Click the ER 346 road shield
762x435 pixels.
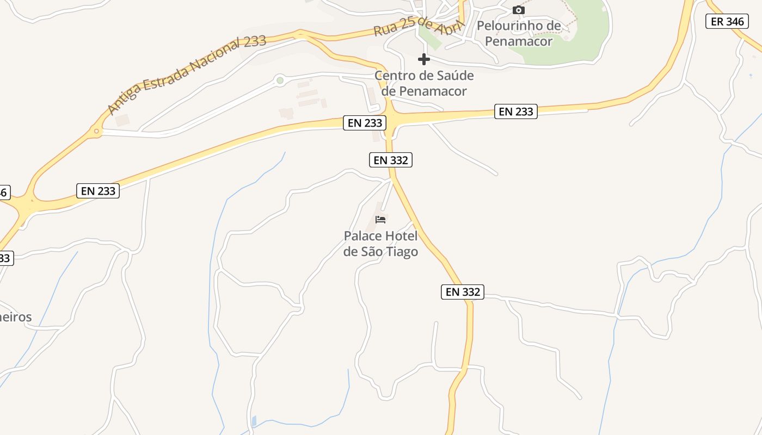(x=727, y=22)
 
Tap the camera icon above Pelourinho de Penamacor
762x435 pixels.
(x=519, y=10)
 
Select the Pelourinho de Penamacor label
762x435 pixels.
(x=519, y=33)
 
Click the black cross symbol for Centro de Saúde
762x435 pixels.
(x=424, y=59)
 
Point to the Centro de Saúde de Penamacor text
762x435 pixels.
(x=424, y=83)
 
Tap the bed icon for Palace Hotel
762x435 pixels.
(x=380, y=220)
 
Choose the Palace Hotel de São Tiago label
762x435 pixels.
(x=381, y=244)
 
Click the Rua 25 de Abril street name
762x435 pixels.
(x=418, y=25)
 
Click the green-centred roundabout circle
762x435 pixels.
(x=280, y=80)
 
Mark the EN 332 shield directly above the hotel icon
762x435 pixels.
(x=390, y=160)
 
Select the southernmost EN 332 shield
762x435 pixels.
(x=463, y=292)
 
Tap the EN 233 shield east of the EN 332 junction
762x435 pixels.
(x=516, y=111)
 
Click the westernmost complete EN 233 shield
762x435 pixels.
(x=98, y=191)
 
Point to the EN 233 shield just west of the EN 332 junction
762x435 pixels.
(x=365, y=123)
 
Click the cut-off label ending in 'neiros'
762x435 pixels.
(x=16, y=317)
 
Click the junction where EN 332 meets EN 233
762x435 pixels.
(x=390, y=121)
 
